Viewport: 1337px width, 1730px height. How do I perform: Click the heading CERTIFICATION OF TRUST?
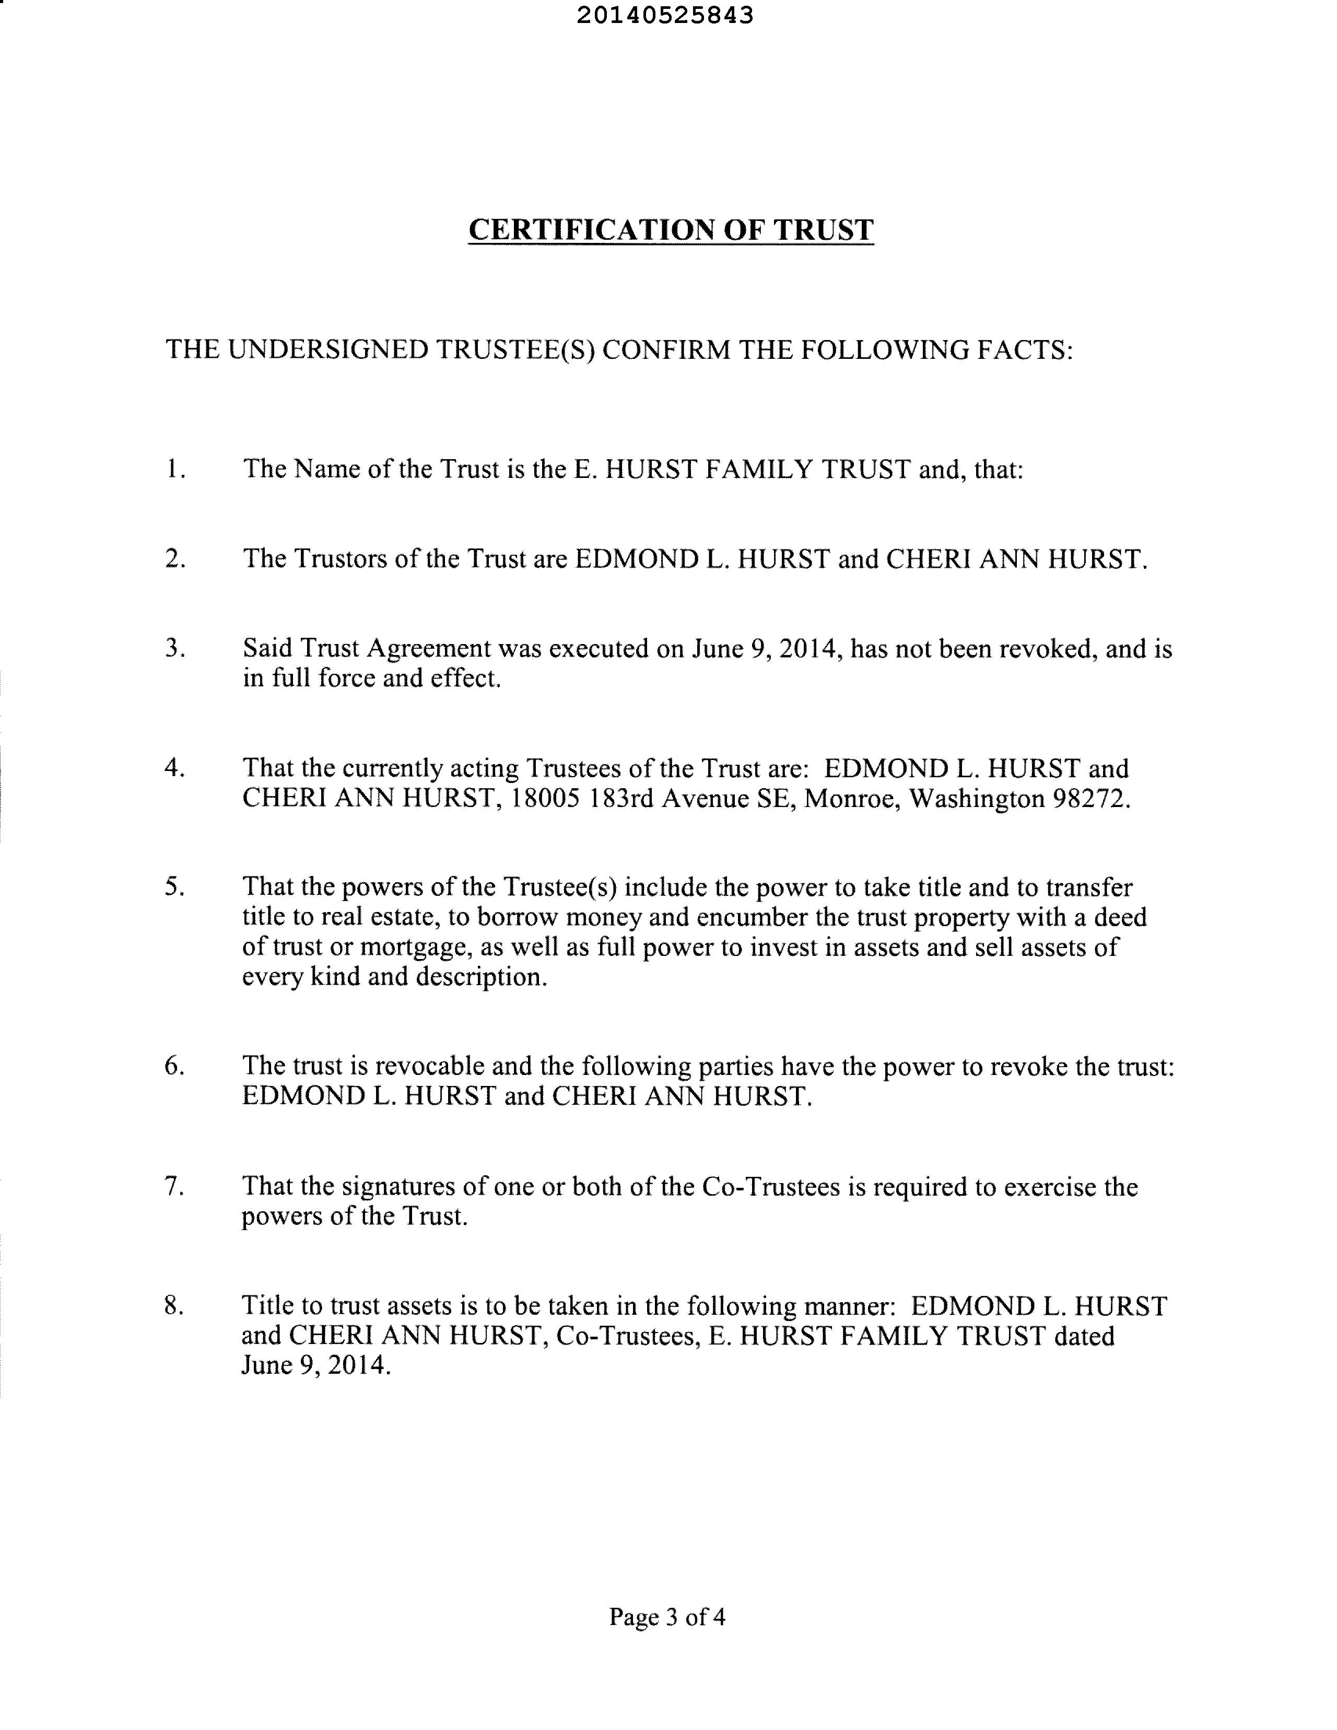[671, 230]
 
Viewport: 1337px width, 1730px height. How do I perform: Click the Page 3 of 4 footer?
[667, 1617]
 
